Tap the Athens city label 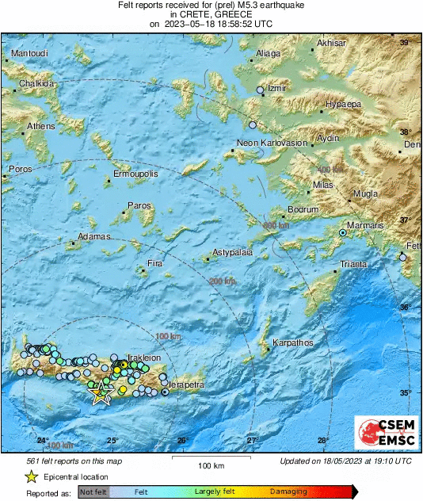41,126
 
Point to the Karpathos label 293,343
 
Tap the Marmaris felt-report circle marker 343,233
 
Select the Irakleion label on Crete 144,358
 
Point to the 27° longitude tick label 252,440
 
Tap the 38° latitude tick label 406,132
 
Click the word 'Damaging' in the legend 289,492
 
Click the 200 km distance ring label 223,281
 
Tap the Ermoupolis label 136,173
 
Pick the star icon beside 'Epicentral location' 31,477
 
